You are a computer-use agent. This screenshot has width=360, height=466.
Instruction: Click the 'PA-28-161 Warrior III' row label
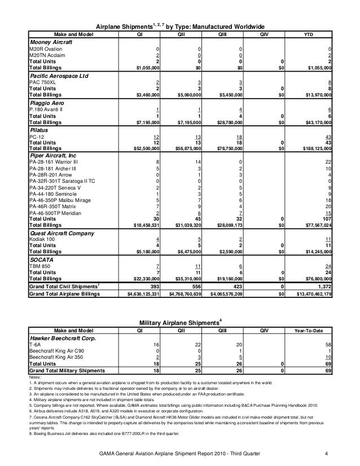click(x=54, y=161)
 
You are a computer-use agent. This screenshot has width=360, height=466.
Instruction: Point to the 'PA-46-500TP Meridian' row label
click(x=55, y=212)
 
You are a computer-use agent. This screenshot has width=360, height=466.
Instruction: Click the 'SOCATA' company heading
click(x=42, y=261)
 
